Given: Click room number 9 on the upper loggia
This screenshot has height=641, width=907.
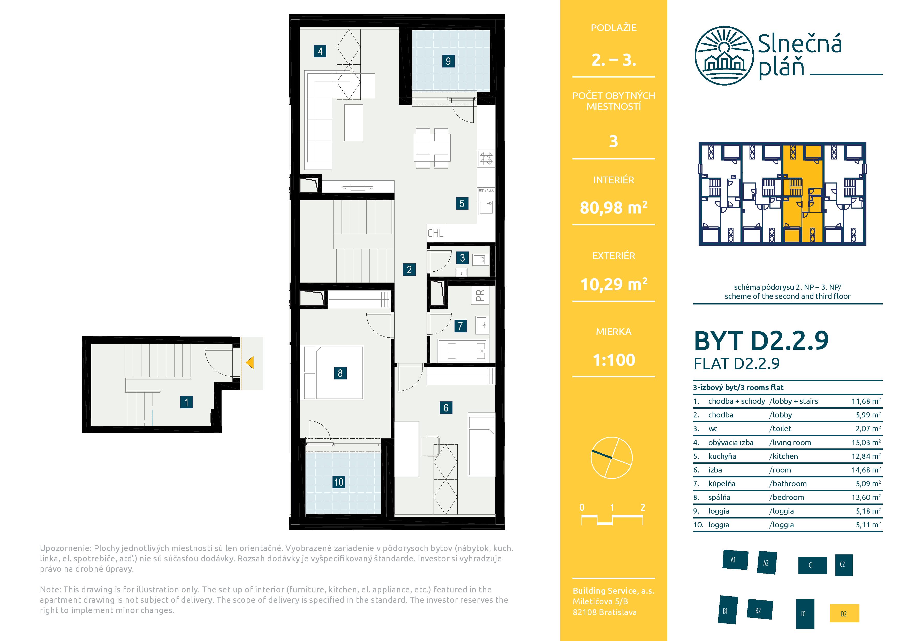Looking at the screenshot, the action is point(448,61).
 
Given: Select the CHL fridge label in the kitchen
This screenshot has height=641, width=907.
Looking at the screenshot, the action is point(435,233).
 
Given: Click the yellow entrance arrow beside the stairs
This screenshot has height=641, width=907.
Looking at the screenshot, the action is point(250,363).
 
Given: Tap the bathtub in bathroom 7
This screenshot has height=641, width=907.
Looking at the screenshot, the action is point(462,351).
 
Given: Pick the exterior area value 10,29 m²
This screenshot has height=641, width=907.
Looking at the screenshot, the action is point(614,284).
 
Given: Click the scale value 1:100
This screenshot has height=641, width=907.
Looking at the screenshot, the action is point(614,360).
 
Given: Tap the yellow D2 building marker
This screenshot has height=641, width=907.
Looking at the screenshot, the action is point(844,613).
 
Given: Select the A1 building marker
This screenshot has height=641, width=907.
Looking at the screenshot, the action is point(735,560).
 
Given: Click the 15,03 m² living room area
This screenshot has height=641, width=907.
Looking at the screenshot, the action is point(866,442).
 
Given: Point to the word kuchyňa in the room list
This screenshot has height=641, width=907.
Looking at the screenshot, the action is point(722,456).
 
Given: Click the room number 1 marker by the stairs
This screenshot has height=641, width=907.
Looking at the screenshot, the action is point(186,402).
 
